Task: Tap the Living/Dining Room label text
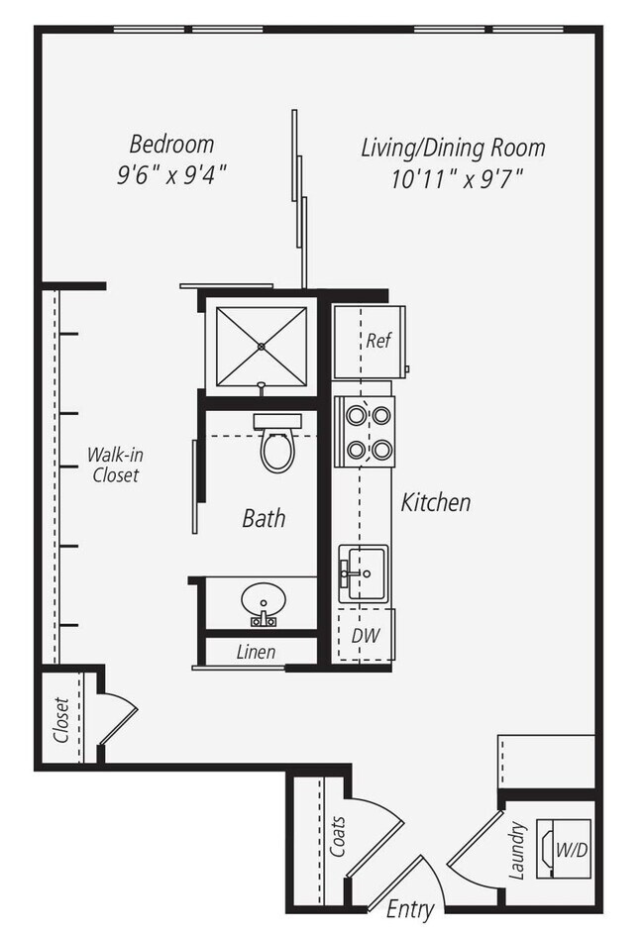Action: [453, 149]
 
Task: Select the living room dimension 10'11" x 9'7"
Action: [457, 180]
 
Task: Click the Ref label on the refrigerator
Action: [378, 341]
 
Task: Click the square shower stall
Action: [262, 346]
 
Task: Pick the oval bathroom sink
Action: [263, 601]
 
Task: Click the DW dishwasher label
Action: [366, 635]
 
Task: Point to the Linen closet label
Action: [256, 652]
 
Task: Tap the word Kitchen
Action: [435, 502]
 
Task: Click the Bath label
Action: [264, 517]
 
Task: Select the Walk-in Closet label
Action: [113, 466]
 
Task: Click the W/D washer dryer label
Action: [570, 850]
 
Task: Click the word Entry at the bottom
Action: [410, 908]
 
